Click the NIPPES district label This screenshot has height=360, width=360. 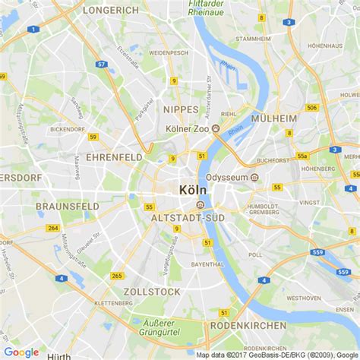tap(181, 109)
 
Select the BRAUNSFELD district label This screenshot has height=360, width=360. tap(66, 206)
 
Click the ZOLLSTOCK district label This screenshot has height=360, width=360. tap(154, 292)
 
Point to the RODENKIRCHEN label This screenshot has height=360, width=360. tap(248, 325)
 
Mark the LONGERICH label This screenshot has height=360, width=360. tap(111, 11)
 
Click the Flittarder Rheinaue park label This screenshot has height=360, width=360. tap(210, 8)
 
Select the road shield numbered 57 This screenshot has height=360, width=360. tap(101, 65)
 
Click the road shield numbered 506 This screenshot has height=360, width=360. tap(311, 107)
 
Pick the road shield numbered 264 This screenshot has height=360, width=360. tap(52, 228)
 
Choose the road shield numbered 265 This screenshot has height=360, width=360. tap(116, 276)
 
